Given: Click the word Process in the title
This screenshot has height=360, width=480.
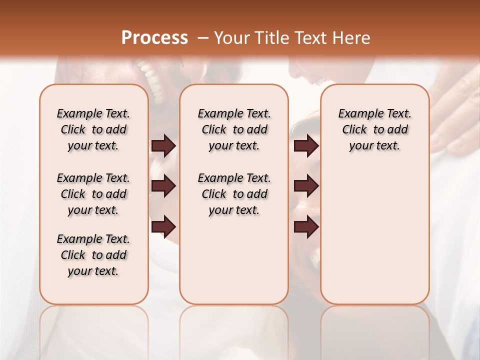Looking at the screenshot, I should coord(154,37).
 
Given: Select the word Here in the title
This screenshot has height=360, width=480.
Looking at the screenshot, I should coord(352,37).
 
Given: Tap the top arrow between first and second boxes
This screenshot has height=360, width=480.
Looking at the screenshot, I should coord(163,145).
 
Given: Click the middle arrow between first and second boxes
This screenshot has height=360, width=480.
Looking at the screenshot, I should coord(163,186).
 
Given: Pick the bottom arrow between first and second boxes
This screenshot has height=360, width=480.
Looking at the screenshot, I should coord(163,226).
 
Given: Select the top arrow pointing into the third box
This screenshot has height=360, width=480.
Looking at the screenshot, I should coord(306,145).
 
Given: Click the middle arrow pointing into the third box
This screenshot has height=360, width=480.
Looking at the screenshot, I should coord(306,186).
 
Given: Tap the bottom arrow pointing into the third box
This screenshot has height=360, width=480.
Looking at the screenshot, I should coord(306,226).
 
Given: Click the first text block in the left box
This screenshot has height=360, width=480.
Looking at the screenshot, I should coord(93,129).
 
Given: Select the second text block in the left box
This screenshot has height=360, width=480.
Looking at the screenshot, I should coord(93,194).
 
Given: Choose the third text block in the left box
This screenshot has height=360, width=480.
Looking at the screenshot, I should coord(93,255).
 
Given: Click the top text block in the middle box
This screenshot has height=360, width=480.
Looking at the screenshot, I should coord(234,129).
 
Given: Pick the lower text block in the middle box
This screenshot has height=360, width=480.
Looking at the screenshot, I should coord(234,194).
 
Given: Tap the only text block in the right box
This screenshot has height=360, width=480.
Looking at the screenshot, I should coord(374,129).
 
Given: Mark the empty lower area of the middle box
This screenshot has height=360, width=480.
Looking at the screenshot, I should coord(234,260).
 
